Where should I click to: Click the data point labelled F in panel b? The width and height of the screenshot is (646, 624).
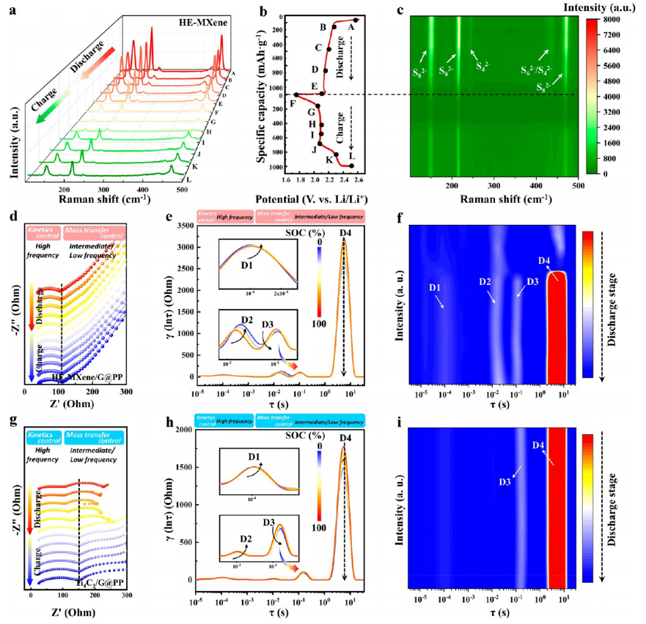point(296,94)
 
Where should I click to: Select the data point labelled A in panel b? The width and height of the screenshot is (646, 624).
point(356,21)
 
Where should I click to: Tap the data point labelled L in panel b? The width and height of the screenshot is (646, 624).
point(351,165)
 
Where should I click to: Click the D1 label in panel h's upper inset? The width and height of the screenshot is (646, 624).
point(254,458)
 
